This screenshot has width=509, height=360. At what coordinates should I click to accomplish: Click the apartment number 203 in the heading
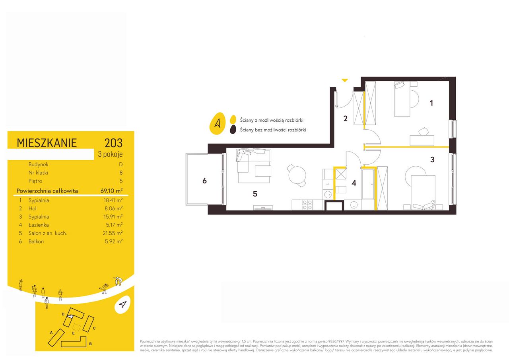tap(113, 143)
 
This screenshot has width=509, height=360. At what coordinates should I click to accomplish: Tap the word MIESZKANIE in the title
tap(47, 143)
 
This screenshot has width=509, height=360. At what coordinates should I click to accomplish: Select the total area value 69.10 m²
tap(112, 191)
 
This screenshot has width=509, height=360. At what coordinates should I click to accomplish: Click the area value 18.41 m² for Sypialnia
tap(113, 200)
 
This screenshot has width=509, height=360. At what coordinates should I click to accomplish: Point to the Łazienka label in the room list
tap(39, 225)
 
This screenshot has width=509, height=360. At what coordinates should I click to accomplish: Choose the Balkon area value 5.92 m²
tap(114, 241)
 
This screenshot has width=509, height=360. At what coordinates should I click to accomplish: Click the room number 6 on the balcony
tap(204, 181)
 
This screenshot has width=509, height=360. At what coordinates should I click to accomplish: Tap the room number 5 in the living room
tap(255, 194)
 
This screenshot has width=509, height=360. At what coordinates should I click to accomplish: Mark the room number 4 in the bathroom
tap(354, 183)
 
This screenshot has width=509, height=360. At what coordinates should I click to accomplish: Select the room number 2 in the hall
tap(346, 119)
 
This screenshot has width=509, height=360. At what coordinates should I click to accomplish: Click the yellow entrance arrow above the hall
tap(345, 80)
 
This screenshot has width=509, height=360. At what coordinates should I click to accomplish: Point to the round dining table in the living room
tap(297, 175)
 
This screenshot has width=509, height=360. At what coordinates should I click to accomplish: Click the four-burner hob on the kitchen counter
tap(307, 205)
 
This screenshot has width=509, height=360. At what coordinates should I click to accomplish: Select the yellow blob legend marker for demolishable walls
tap(233, 119)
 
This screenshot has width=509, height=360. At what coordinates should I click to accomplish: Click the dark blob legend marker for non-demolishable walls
tap(233, 130)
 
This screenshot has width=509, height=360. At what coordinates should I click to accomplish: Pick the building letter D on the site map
tap(63, 314)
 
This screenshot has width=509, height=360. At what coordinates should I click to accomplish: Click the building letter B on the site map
tap(90, 344)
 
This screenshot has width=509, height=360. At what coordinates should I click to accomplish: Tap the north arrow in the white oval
tap(122, 304)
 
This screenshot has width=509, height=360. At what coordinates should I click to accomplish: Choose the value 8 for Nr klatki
tap(121, 173)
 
